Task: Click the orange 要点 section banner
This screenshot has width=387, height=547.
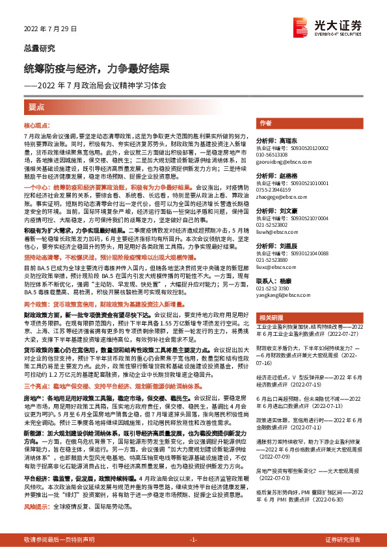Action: (x=36, y=107)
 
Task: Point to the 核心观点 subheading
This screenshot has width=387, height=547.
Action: (x=36, y=123)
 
